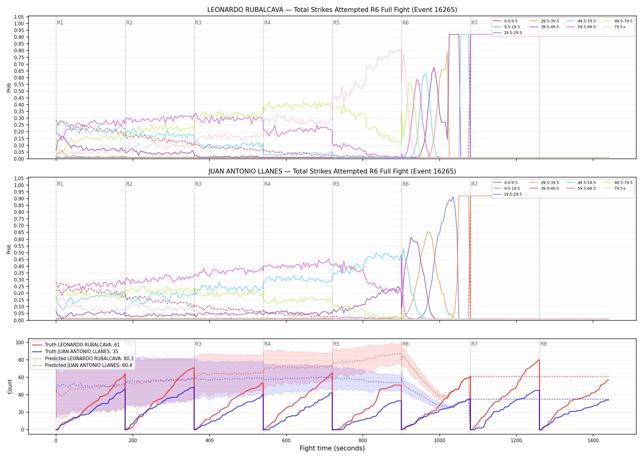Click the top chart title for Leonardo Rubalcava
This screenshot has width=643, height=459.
coord(332,10)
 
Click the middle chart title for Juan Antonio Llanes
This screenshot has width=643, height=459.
coord(332,171)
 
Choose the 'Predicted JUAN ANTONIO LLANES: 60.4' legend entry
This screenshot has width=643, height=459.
coord(83,365)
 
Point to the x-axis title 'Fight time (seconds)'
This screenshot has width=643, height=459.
coord(332,448)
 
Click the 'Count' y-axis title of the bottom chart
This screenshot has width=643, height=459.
coord(10,386)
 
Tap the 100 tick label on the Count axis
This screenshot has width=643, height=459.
coord(20,342)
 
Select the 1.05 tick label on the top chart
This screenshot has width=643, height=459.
coord(19,17)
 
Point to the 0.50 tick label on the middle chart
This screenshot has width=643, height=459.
coord(19,253)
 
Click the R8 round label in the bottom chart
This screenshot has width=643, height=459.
coord(543,344)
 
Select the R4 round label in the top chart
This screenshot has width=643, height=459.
coord(267,23)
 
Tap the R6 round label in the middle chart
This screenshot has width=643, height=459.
coord(405,184)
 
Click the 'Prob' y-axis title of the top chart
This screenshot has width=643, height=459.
coord(9,88)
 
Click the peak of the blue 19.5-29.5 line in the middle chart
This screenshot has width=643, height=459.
coord(453,197)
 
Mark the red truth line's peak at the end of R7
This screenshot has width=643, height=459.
coord(539,360)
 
